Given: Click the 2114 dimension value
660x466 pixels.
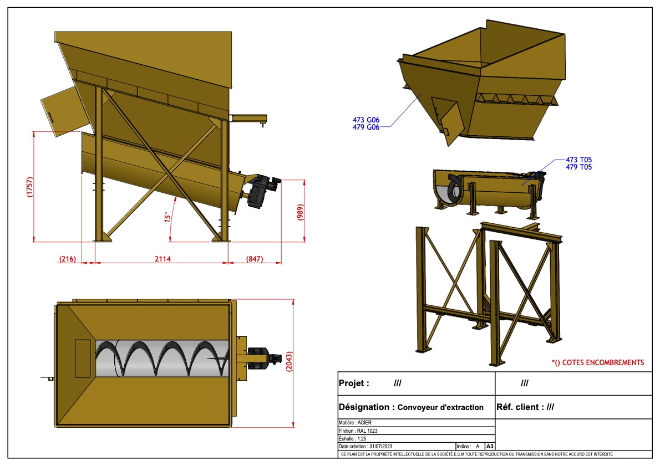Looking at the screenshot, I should click(161, 259).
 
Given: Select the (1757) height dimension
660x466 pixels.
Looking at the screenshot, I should click(30, 187).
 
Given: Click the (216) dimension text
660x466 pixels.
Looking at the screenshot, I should click(68, 259).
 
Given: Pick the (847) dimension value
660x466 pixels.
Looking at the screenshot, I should click(254, 259).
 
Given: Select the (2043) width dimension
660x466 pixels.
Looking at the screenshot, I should click(289, 363).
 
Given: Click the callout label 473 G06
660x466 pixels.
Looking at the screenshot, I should click(366, 119).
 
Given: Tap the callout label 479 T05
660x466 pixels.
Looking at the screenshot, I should click(578, 167).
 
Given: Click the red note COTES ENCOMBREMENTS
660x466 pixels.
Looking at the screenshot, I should click(598, 362).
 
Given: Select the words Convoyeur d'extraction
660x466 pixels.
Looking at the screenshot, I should click(441, 407).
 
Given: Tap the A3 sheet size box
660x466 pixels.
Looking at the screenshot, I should click(490, 447).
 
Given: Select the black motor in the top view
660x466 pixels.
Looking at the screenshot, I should click(259, 357).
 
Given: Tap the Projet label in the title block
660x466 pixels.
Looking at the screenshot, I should click(353, 383).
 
